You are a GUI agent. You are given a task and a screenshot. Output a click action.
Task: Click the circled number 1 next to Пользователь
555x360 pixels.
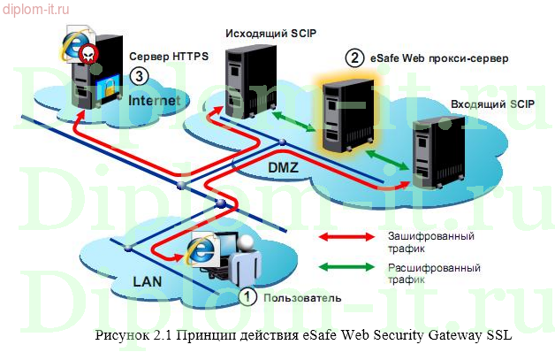tap(248, 297)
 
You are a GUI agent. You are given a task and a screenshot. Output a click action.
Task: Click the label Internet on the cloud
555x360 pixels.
tap(155, 101)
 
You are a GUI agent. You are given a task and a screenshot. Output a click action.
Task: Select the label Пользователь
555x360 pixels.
tap(300, 298)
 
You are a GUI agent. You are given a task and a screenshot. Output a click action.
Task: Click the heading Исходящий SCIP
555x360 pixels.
tap(270, 34)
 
